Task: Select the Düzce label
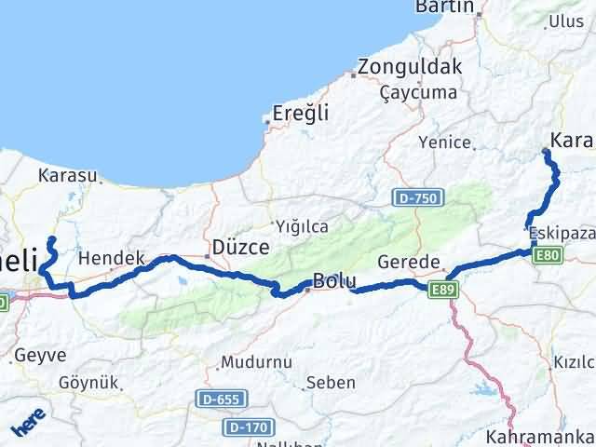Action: click(240, 248)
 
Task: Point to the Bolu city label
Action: click(334, 279)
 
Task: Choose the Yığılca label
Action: click(301, 225)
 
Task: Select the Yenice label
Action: click(441, 142)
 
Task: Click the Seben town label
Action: click(331, 382)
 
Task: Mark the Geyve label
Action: click(40, 355)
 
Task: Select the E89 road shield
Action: click(443, 291)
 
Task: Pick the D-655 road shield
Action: click(217, 399)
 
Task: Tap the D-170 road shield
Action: click(245, 427)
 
